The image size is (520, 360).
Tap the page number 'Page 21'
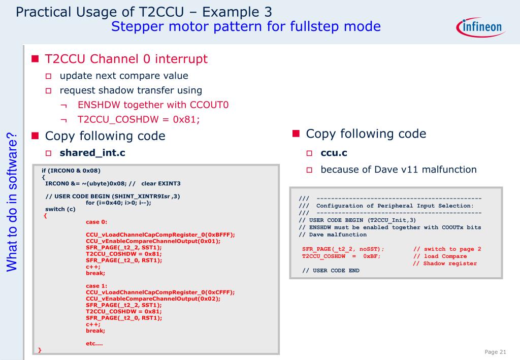click(x=496, y=352)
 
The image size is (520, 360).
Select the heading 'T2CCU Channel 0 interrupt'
click(x=126, y=59)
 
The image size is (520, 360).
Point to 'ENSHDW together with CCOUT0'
click(x=153, y=105)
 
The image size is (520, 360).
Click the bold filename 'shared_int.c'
click(x=92, y=152)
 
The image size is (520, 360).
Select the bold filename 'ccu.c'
click(x=334, y=153)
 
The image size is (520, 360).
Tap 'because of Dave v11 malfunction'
click(x=398, y=169)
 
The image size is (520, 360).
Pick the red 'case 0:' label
click(x=96, y=222)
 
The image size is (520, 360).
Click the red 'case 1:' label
click(x=96, y=286)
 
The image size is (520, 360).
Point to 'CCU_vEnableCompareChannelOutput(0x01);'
click(x=153, y=241)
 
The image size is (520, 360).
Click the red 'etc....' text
click(x=94, y=344)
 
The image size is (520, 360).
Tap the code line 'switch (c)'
click(x=60, y=209)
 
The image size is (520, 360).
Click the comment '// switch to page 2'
click(x=447, y=249)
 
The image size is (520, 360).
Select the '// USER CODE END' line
click(x=331, y=271)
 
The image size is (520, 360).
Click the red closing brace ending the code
click(x=40, y=350)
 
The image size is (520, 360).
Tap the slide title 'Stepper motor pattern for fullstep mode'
click(x=246, y=26)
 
